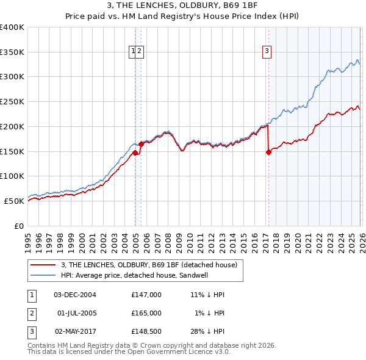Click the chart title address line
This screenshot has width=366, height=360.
click(x=182, y=7)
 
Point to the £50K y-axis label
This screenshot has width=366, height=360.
click(x=15, y=201)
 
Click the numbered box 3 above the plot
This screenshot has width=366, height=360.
click(x=267, y=52)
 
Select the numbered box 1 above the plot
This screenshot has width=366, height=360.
click(x=132, y=52)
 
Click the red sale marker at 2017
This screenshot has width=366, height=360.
click(x=268, y=153)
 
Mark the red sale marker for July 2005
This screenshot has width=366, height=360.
click(x=141, y=144)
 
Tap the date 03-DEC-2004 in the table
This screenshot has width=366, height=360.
click(x=75, y=294)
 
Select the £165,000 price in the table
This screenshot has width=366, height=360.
click(x=146, y=313)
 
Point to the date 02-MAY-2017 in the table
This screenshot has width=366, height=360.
click(x=75, y=332)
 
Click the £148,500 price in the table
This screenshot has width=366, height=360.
click(x=146, y=332)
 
